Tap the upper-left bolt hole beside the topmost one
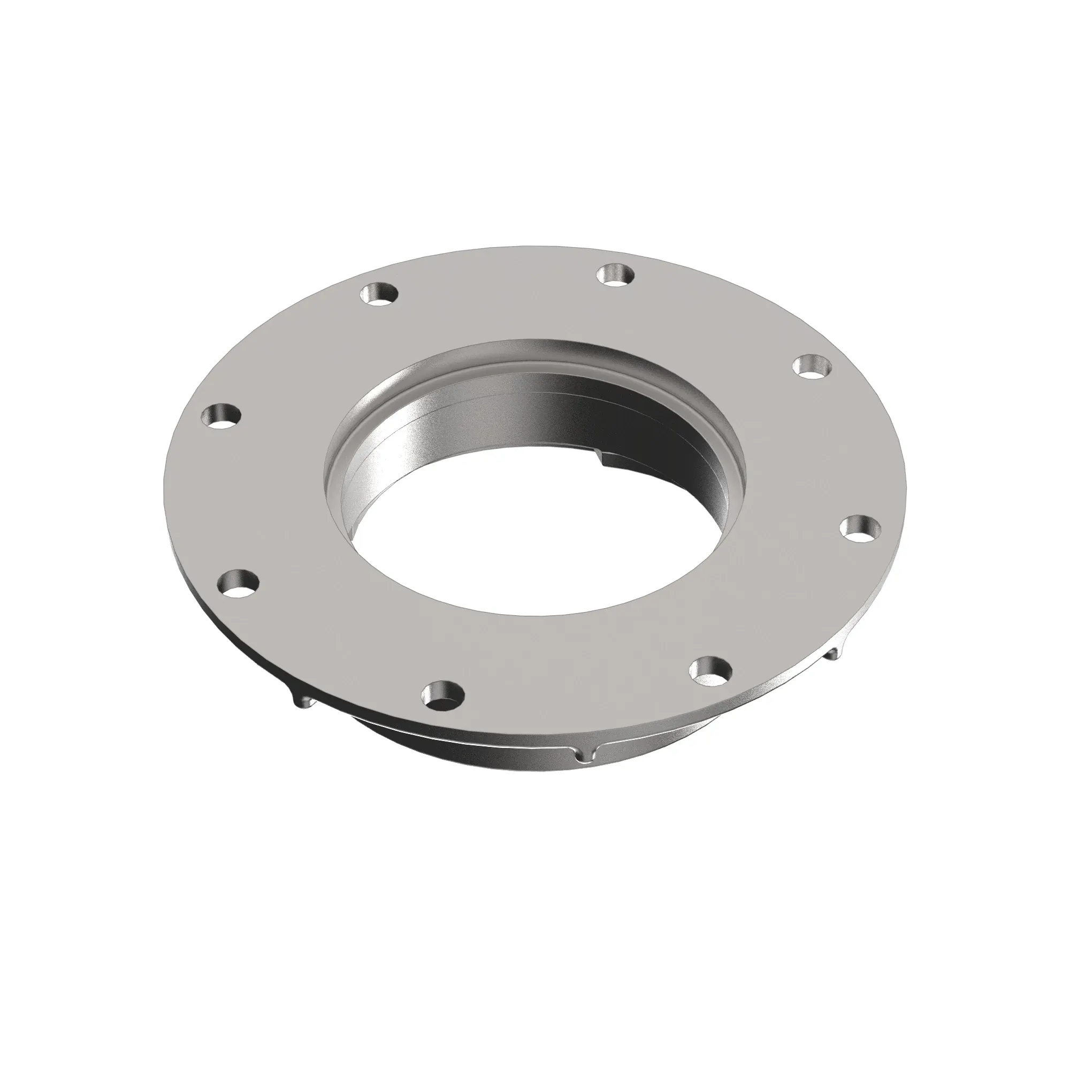(x=379, y=294)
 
